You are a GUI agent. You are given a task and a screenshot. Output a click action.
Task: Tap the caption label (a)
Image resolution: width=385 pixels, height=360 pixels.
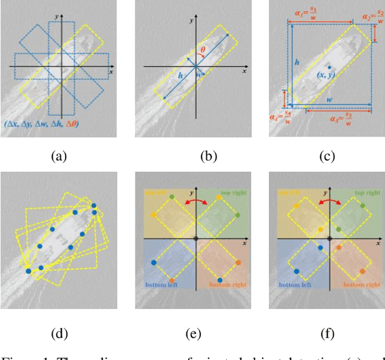tap(58, 157)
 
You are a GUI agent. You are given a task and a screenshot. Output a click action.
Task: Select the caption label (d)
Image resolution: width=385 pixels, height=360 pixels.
tap(58, 333)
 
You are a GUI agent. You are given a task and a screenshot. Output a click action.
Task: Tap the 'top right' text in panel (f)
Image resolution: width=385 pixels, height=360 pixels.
tap(367, 194)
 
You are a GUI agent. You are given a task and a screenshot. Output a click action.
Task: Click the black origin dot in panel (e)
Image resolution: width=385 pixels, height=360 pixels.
tap(196, 239)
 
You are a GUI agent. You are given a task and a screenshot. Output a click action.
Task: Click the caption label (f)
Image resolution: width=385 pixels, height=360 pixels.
tap(326, 333)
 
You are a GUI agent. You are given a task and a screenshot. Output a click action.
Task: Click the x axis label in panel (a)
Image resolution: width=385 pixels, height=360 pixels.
tap(111, 72)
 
